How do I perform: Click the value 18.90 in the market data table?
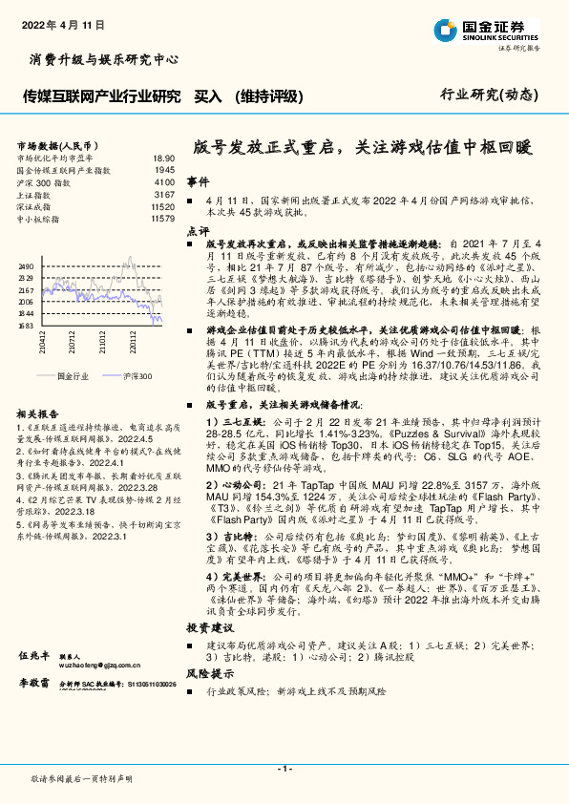(163, 158)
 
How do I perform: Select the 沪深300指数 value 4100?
(164, 181)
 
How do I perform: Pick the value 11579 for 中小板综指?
(162, 219)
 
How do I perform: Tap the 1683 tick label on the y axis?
(27, 325)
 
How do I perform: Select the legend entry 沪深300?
(137, 377)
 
